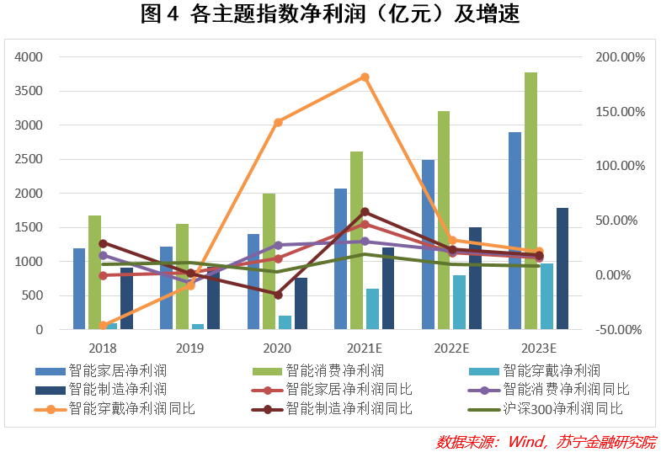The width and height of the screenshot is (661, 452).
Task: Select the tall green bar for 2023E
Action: click(x=530, y=202)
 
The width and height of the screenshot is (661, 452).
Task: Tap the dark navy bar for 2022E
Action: click(x=475, y=278)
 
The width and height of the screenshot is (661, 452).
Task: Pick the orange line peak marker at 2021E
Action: click(x=365, y=77)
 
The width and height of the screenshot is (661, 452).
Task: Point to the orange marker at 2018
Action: click(x=103, y=325)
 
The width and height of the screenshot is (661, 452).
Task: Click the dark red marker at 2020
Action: click(x=278, y=295)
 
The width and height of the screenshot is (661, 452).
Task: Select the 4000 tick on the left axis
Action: click(x=29, y=57)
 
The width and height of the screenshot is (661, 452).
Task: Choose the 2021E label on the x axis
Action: click(x=364, y=348)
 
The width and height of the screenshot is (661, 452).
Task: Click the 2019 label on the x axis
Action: click(x=190, y=348)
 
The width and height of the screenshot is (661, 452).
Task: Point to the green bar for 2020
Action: click(x=269, y=261)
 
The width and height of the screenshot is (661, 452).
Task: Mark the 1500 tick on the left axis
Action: click(x=29, y=227)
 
